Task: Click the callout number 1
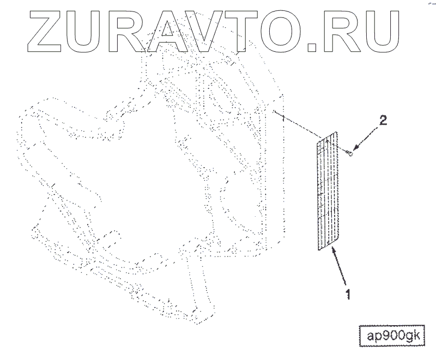point(346,296)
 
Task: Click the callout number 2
point(383,121)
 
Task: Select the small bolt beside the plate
point(350,154)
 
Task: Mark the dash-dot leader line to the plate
point(297,124)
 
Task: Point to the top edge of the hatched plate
point(328,137)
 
